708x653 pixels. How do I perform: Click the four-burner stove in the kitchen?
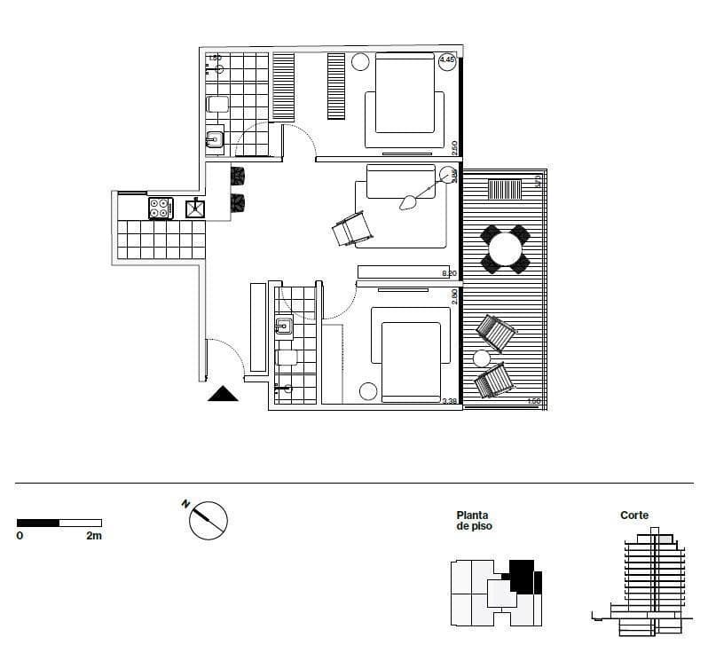(x=160, y=208)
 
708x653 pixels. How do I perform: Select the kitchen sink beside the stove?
(x=195, y=208)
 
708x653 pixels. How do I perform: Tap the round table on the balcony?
(x=506, y=249)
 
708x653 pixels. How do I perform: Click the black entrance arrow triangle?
(x=223, y=394)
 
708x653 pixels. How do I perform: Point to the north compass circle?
(x=209, y=520)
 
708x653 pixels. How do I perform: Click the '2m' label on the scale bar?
(x=93, y=536)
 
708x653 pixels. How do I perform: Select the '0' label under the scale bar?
(x=20, y=536)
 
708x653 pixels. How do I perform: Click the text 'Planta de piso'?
(x=472, y=521)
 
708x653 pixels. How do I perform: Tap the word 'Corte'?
(x=634, y=515)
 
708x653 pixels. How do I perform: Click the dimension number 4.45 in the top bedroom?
(x=447, y=60)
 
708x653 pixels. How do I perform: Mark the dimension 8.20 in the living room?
(x=449, y=273)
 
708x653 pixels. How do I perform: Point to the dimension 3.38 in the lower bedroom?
(x=450, y=402)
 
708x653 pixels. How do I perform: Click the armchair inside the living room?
(x=352, y=229)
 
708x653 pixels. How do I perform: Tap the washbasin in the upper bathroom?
(x=215, y=139)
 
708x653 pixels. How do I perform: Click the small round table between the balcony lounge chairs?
(x=482, y=358)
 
